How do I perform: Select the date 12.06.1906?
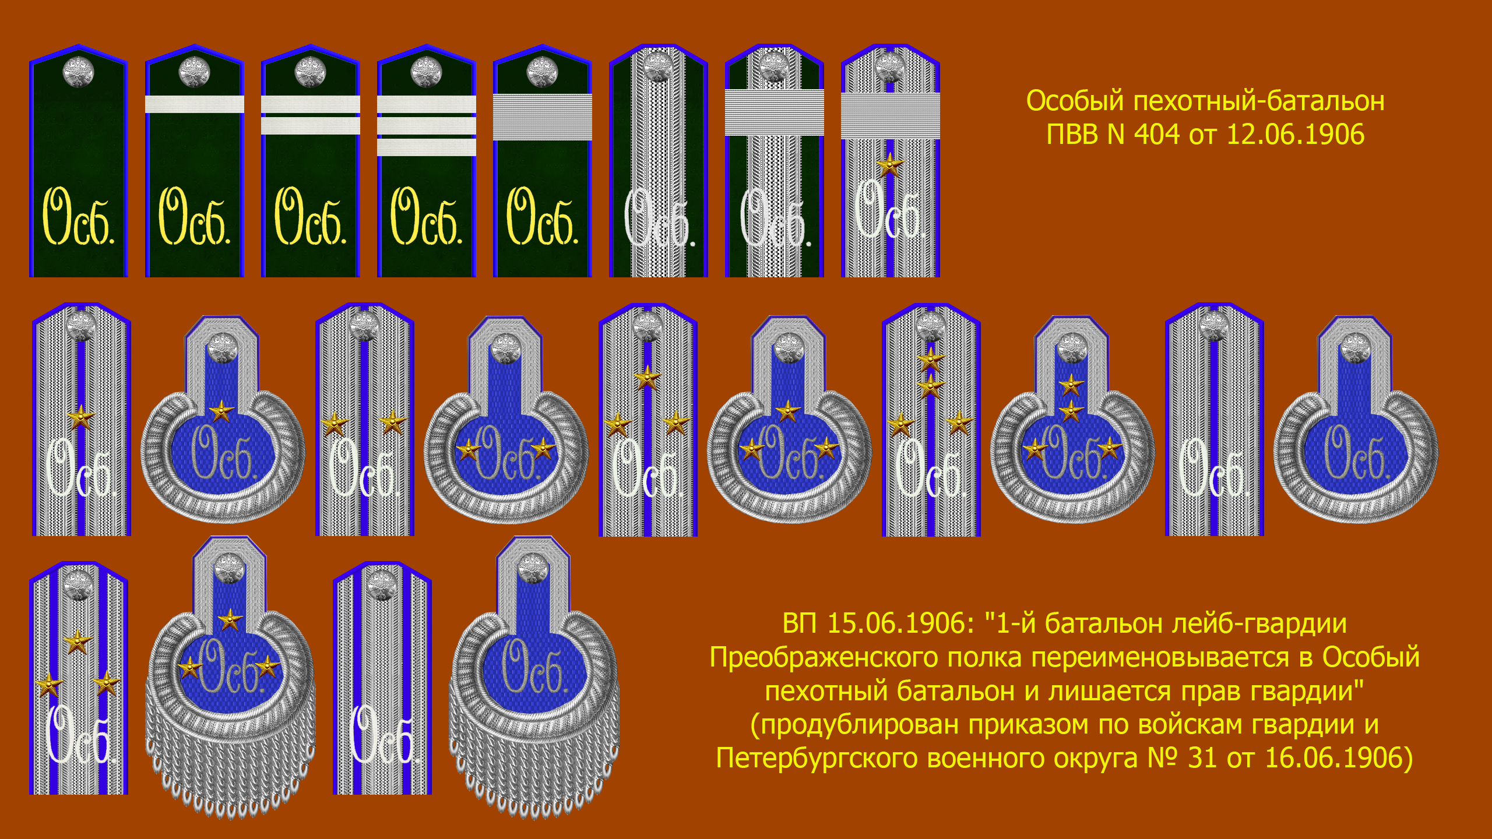pyautogui.click(x=1296, y=135)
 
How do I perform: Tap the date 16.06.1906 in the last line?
pyautogui.click(x=1339, y=758)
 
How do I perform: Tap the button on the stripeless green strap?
pyautogui.click(x=78, y=72)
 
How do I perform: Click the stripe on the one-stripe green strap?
pyautogui.click(x=195, y=104)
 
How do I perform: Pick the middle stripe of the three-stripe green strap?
pyautogui.click(x=427, y=126)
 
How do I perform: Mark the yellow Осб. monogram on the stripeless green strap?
pyautogui.click(x=79, y=216)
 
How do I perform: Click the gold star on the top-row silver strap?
pyautogui.click(x=890, y=165)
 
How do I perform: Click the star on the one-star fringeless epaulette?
pyautogui.click(x=221, y=412)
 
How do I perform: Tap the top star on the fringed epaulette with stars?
pyautogui.click(x=230, y=619)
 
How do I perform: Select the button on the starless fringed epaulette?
pyautogui.click(x=533, y=568)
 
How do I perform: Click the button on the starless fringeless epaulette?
pyautogui.click(x=1356, y=348)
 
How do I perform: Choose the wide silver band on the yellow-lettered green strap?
pyautogui.click(x=543, y=117)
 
